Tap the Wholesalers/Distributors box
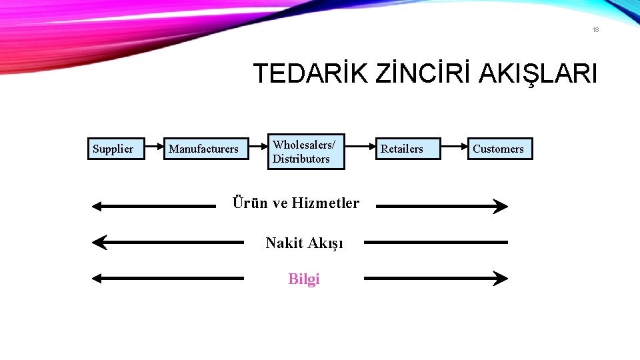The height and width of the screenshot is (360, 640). coord(306,151)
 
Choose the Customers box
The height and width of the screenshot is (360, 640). coord(499,149)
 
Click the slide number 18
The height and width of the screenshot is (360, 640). coord(595,29)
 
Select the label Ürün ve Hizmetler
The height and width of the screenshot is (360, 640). coord(295,203)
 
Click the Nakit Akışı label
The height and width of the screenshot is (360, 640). coord(304,243)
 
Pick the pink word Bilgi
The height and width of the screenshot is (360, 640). coord(304,279)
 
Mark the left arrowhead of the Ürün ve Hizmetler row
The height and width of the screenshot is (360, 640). coord(97,207)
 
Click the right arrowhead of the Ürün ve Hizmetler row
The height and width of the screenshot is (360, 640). coord(501,207)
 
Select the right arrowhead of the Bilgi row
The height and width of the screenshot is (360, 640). coord(501,278)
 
